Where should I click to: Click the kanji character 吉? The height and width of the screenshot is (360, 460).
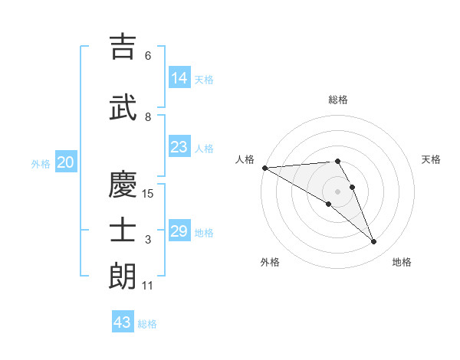(x=123, y=47)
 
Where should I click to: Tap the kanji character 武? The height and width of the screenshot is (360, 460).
(x=123, y=107)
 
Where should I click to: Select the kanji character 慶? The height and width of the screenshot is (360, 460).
(x=123, y=185)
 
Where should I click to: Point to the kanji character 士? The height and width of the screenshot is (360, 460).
(x=123, y=231)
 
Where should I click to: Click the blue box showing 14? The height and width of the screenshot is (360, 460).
(x=179, y=77)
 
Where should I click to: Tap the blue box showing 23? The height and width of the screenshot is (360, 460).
(x=179, y=147)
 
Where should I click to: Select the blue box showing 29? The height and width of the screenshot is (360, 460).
(x=179, y=231)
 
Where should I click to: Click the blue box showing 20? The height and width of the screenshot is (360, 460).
(x=66, y=162)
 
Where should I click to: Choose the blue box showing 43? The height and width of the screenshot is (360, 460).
(x=123, y=322)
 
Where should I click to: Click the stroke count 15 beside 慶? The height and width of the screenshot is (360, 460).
(x=148, y=194)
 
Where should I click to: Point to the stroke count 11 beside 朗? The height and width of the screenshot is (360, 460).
(x=148, y=286)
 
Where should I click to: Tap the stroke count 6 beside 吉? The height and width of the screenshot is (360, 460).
(x=148, y=56)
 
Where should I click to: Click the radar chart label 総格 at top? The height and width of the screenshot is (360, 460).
(x=338, y=100)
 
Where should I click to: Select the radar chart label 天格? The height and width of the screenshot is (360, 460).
(x=432, y=159)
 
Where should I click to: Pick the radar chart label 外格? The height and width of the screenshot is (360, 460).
(x=270, y=262)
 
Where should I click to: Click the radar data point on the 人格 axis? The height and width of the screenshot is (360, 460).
(x=264, y=168)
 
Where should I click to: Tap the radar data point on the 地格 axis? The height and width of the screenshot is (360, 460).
(x=374, y=242)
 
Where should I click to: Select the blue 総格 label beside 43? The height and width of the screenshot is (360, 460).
(x=147, y=324)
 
